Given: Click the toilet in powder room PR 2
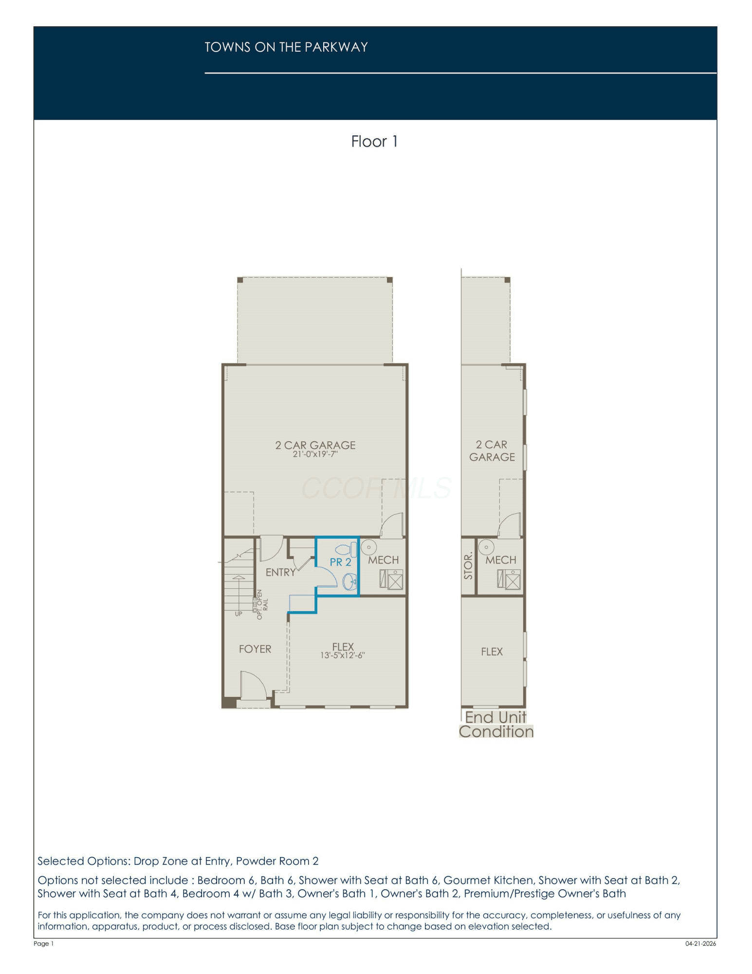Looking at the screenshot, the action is click(x=347, y=549).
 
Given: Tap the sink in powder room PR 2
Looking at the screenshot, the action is click(x=350, y=581).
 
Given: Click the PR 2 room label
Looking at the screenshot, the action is click(x=340, y=562).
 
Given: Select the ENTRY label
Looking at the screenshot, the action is click(x=280, y=572).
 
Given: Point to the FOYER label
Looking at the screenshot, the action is click(x=255, y=649).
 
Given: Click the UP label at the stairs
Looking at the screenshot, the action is click(x=238, y=614).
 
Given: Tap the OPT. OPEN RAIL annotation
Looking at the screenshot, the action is click(x=262, y=604).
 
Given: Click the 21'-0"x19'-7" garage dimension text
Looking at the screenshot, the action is click(x=315, y=454).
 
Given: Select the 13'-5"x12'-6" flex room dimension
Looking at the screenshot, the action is click(x=343, y=656).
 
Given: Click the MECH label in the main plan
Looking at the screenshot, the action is click(x=383, y=560).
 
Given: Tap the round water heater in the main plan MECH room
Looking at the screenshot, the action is click(x=369, y=547).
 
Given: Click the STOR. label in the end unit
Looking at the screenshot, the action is click(x=468, y=566).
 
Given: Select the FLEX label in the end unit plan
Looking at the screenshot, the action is click(x=492, y=652).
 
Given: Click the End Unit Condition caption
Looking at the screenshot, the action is click(x=496, y=725).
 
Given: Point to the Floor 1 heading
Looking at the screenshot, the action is click(x=374, y=141).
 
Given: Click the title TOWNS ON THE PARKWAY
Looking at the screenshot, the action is click(x=286, y=47).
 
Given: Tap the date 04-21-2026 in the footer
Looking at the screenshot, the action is click(x=700, y=943).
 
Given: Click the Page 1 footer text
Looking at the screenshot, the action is click(x=44, y=943).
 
